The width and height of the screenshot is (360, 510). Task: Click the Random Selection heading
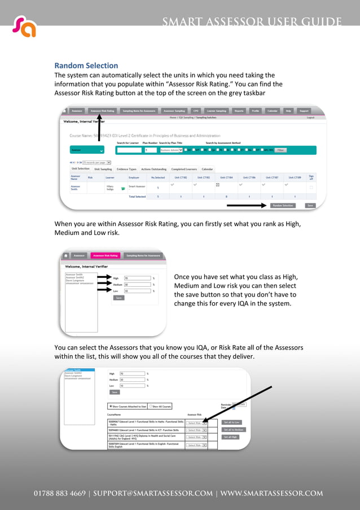click(86, 66)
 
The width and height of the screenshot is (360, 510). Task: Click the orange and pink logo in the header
click(24, 27)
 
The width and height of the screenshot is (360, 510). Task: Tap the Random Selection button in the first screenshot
click(283, 206)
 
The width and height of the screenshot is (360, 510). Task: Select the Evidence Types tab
click(126, 169)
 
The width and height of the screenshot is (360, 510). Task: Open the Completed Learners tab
click(183, 169)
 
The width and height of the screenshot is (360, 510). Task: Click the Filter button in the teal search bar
click(280, 150)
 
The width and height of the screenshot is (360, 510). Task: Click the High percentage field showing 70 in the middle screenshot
click(137, 278)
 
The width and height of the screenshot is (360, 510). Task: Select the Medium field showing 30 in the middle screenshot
click(137, 285)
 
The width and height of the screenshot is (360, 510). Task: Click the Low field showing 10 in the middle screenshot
click(137, 291)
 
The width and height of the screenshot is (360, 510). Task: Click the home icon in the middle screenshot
click(65, 255)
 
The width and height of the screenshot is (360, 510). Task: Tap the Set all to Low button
click(231, 422)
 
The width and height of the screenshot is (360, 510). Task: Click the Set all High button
click(230, 437)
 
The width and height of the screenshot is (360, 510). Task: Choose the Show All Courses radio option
click(160, 406)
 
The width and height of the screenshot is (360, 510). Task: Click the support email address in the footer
click(154, 493)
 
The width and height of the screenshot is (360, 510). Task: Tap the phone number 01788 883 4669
click(59, 493)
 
